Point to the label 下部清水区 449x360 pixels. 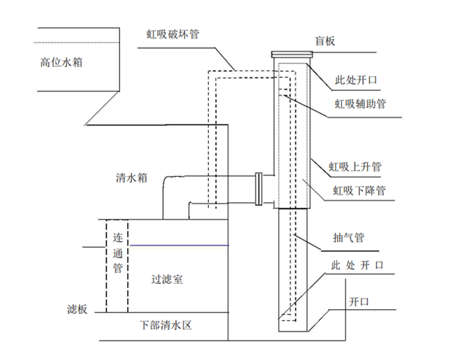(x=166, y=326)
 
